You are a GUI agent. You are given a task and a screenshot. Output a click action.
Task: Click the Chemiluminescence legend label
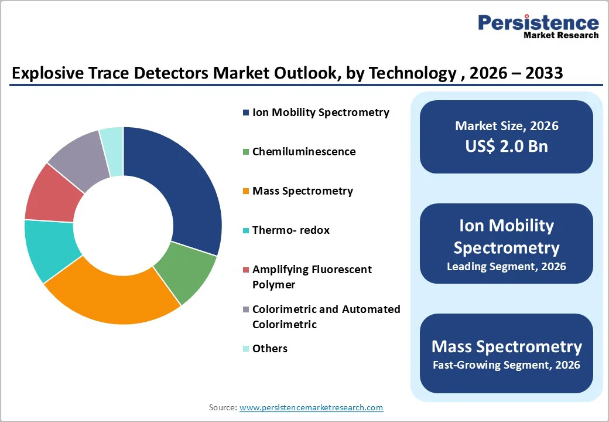303,151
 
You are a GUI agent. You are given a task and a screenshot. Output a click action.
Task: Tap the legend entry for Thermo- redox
290,230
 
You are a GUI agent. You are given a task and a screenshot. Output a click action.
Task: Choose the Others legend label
269,349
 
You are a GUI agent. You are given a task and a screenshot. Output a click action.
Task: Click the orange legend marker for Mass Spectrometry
246,191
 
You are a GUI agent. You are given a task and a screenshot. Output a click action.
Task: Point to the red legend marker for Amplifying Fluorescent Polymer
246,270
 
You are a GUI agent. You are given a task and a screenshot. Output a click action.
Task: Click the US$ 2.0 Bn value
507,146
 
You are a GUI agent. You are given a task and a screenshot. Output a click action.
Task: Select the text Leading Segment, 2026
507,267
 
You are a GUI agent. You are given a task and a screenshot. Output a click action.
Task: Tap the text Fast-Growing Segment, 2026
507,365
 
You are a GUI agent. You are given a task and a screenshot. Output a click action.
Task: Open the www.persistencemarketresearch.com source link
311,407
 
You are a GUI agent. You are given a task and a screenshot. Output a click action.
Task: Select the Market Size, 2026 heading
507,126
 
